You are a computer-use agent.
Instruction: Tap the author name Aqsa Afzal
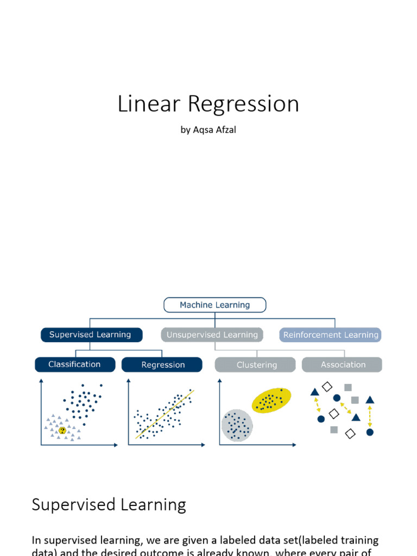[x=214, y=130]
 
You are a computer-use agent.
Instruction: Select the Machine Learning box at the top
[x=215, y=305]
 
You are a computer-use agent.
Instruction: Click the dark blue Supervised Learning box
[x=91, y=335]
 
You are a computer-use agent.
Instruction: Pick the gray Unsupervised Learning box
[x=212, y=335]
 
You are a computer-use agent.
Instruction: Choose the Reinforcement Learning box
[x=331, y=335]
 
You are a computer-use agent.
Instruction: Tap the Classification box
[x=75, y=364]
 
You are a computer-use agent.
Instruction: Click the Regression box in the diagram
[x=162, y=365]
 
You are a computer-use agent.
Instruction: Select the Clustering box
[x=256, y=365]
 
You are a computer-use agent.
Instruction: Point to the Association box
[x=343, y=365]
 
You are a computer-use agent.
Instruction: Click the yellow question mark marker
[x=62, y=430]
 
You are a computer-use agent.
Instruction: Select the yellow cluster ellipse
[x=271, y=401]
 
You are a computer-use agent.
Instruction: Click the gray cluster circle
[x=237, y=425]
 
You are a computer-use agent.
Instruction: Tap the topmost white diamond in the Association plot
[x=327, y=387]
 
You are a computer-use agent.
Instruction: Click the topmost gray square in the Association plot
[x=347, y=387]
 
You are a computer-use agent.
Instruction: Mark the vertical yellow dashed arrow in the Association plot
[x=370, y=416]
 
